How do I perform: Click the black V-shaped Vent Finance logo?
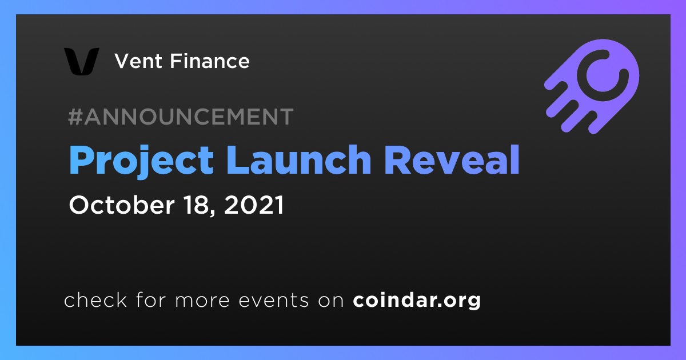coord(81,61)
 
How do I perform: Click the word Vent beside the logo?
coord(138,61)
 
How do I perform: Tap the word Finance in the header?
coord(210,61)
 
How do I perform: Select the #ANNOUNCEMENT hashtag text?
coord(181,117)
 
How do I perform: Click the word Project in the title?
coord(141,161)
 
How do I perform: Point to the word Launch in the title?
coord(299,159)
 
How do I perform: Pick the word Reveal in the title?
coord(452,159)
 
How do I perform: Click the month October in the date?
coord(122,205)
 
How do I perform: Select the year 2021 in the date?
coord(254,205)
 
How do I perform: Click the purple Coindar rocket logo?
coord(592,86)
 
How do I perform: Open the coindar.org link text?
coord(417,301)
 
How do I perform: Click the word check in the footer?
coord(95,299)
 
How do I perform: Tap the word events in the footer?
coord(274,301)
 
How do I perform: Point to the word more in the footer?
coord(202,301)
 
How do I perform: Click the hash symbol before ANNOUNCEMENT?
coord(75,117)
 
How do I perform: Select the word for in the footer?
coord(151,299)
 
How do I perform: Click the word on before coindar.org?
coord(331,301)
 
